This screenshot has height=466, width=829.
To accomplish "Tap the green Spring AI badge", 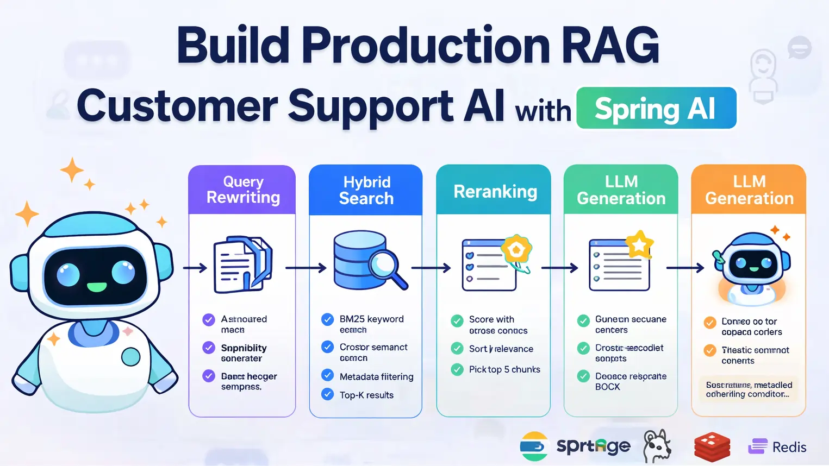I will (656, 108).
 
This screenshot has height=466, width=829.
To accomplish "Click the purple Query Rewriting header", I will (242, 190).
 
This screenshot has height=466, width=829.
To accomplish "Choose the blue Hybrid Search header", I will (366, 190).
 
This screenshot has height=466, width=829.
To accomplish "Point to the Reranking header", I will (494, 191).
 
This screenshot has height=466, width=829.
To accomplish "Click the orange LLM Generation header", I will (749, 190).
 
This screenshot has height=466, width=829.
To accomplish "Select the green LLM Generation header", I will (621, 190).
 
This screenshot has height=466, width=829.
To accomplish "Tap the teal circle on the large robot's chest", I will (130, 357).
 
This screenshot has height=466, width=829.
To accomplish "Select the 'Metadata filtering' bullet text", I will (376, 376).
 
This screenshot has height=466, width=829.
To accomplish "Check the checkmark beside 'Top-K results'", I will (327, 394).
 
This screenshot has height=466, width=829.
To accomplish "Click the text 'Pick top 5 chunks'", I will (504, 369).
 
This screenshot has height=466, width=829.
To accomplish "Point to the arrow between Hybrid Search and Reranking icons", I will (431, 268).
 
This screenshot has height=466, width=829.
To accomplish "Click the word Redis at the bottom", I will (789, 447).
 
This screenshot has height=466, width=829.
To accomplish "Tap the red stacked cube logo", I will (712, 446).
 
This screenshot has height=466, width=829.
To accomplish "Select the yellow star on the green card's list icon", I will (639, 244).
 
